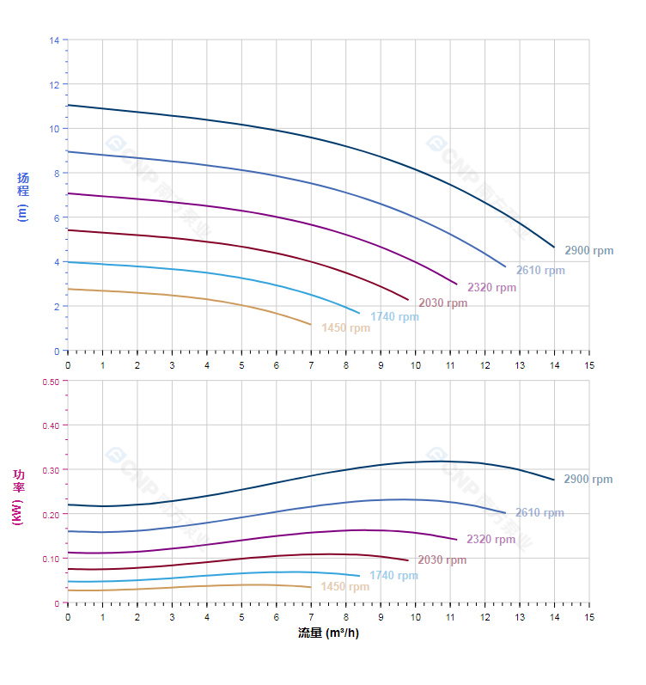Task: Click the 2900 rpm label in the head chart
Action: (x=589, y=251)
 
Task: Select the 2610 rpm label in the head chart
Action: (x=540, y=271)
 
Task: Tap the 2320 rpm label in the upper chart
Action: (x=491, y=288)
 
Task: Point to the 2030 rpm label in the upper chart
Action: (x=442, y=303)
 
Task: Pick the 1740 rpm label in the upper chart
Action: (x=394, y=317)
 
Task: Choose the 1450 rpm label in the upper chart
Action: (x=345, y=328)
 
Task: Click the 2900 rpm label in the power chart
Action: (x=588, y=480)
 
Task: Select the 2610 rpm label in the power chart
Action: (x=539, y=513)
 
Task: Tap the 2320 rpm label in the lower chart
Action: (x=491, y=540)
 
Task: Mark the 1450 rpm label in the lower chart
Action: (x=344, y=587)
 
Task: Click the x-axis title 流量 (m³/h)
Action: (x=328, y=633)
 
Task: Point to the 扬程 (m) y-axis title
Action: (x=23, y=197)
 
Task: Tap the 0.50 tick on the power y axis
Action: (x=51, y=382)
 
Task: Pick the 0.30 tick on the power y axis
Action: (x=51, y=470)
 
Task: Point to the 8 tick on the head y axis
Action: (x=56, y=174)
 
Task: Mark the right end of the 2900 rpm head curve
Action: (x=554, y=248)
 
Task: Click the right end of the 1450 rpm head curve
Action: (x=311, y=325)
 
